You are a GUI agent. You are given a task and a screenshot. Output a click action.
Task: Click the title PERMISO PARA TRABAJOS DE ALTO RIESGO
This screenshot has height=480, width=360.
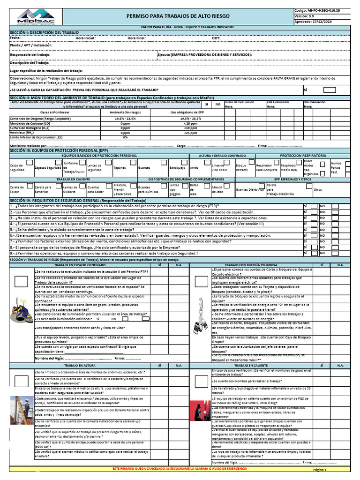[185, 16]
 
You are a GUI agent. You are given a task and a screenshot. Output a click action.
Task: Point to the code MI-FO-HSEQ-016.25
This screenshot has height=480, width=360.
[324, 9]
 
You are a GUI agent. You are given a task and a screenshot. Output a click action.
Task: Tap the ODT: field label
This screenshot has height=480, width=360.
[216, 37]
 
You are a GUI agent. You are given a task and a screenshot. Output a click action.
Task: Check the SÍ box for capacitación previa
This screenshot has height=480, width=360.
[330, 90]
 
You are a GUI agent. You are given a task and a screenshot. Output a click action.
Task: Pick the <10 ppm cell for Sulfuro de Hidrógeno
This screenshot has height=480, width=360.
[190, 127]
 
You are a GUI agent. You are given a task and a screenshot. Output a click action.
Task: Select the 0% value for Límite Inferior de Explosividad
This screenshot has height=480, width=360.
[125, 137]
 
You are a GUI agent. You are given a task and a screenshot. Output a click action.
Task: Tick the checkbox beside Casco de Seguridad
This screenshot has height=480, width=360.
[29, 162]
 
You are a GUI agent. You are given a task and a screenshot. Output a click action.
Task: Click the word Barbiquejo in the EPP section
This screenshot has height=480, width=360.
[176, 167]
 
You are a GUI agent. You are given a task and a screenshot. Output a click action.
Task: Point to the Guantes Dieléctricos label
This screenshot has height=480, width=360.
[249, 190]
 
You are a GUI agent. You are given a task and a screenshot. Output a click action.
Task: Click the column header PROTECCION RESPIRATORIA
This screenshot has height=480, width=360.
[303, 155]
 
